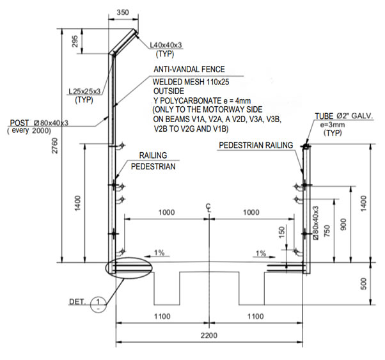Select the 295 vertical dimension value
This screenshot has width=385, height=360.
[75, 41]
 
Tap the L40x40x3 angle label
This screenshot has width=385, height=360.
[166, 45]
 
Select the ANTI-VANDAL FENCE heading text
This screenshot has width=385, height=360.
[189, 69]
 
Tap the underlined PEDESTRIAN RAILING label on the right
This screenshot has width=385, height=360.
[255, 145]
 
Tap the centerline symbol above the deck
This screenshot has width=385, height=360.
[208, 207]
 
